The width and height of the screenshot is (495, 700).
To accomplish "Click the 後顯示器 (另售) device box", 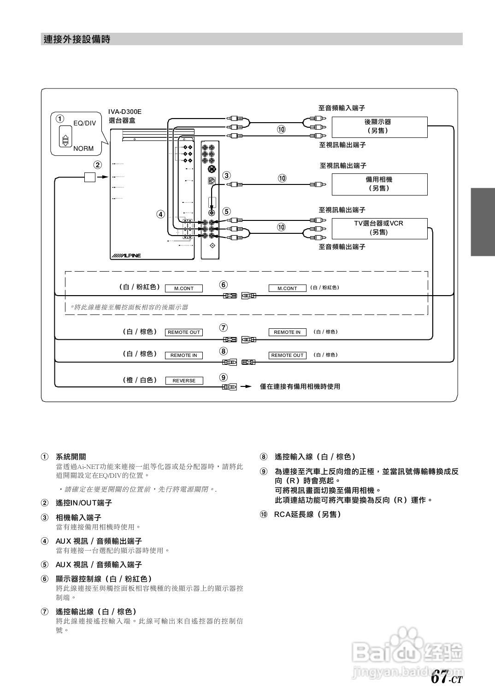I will (379, 127).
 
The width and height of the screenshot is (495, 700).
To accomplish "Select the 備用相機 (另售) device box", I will (379, 184).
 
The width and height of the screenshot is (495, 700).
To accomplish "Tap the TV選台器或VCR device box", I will (379, 228).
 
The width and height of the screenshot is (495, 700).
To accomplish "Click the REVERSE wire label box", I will (184, 380).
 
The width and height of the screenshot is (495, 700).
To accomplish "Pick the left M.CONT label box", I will (184, 288).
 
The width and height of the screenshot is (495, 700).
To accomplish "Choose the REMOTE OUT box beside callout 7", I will (184, 332).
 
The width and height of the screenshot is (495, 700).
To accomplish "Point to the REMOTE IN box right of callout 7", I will (287, 332).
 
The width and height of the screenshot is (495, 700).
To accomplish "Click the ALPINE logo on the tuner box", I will (126, 255).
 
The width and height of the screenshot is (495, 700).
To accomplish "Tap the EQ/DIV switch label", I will (85, 123).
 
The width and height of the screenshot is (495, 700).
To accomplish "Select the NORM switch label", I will (83, 148).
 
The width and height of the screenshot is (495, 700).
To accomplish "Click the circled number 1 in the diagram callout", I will (60, 118).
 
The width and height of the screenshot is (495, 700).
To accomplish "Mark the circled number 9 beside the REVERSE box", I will (224, 378).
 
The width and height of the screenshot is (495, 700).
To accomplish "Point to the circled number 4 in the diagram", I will (160, 214).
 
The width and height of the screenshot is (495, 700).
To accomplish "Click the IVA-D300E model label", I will (125, 112).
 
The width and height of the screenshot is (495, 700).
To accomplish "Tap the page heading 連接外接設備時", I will (77, 39).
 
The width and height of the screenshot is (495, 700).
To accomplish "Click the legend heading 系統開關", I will (71, 457).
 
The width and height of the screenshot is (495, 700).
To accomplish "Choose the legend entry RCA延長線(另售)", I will (307, 514).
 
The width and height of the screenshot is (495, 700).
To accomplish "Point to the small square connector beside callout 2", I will (89, 177).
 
